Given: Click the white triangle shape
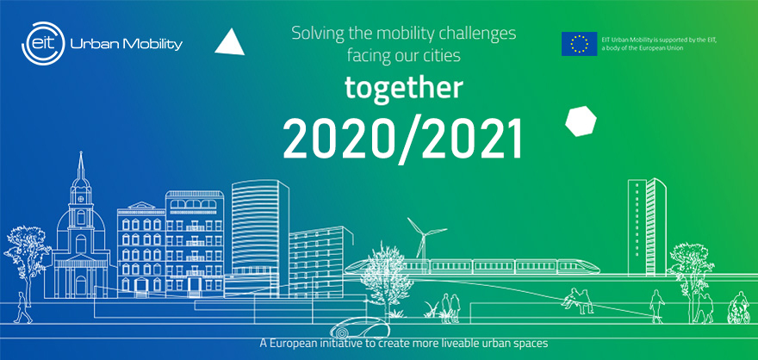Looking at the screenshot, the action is coord(230,42).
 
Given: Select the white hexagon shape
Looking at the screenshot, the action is coord(581,121).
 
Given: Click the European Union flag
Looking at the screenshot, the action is coord(579,43).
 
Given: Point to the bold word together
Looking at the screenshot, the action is coord(404,88).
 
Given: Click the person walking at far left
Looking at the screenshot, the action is coord(22,307).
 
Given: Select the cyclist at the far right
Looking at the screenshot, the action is coord(739,307).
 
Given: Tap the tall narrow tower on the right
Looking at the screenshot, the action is coord(647,227).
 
